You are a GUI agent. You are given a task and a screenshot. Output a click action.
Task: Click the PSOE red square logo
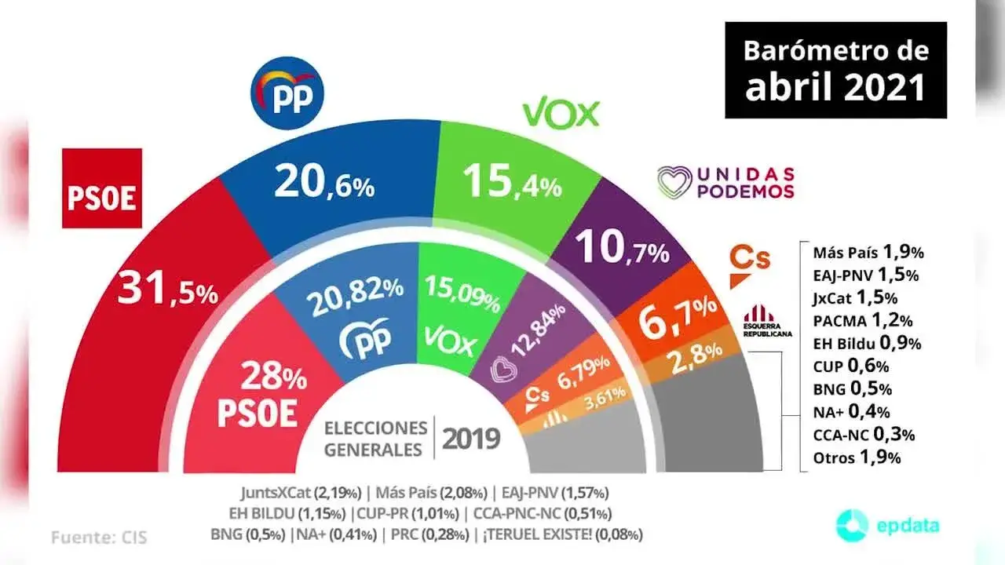point(102,188)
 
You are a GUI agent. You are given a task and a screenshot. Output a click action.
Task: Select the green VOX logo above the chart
point(561,115)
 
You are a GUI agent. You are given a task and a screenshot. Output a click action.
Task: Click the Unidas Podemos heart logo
point(674,183)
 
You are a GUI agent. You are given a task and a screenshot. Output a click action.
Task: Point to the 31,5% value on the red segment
point(167,290)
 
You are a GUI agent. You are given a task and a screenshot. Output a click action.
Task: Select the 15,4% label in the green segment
point(512,183)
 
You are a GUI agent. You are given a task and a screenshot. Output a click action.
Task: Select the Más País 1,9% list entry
point(868,253)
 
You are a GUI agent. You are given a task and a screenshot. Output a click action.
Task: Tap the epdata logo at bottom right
point(888,524)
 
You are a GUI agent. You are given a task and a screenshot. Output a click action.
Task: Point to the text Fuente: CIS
point(100,538)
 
